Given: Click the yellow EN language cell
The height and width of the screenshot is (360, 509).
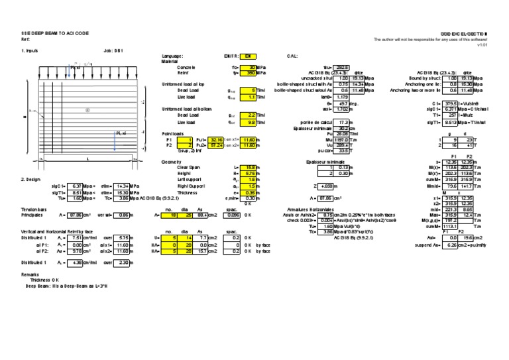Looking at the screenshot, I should tap(247, 57).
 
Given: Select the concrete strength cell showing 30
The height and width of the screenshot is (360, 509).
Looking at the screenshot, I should tap(249, 68).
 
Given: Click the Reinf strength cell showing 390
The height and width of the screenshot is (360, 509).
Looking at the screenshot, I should tap(249, 73).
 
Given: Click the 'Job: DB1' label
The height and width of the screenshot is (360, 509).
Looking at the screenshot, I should tap(113, 50).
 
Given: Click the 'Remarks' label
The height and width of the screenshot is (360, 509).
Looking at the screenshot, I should tap(30, 274).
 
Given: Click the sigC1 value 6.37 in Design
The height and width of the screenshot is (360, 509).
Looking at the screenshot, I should tap(76, 186).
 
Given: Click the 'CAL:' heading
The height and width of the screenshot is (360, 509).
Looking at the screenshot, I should tap(292, 57).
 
